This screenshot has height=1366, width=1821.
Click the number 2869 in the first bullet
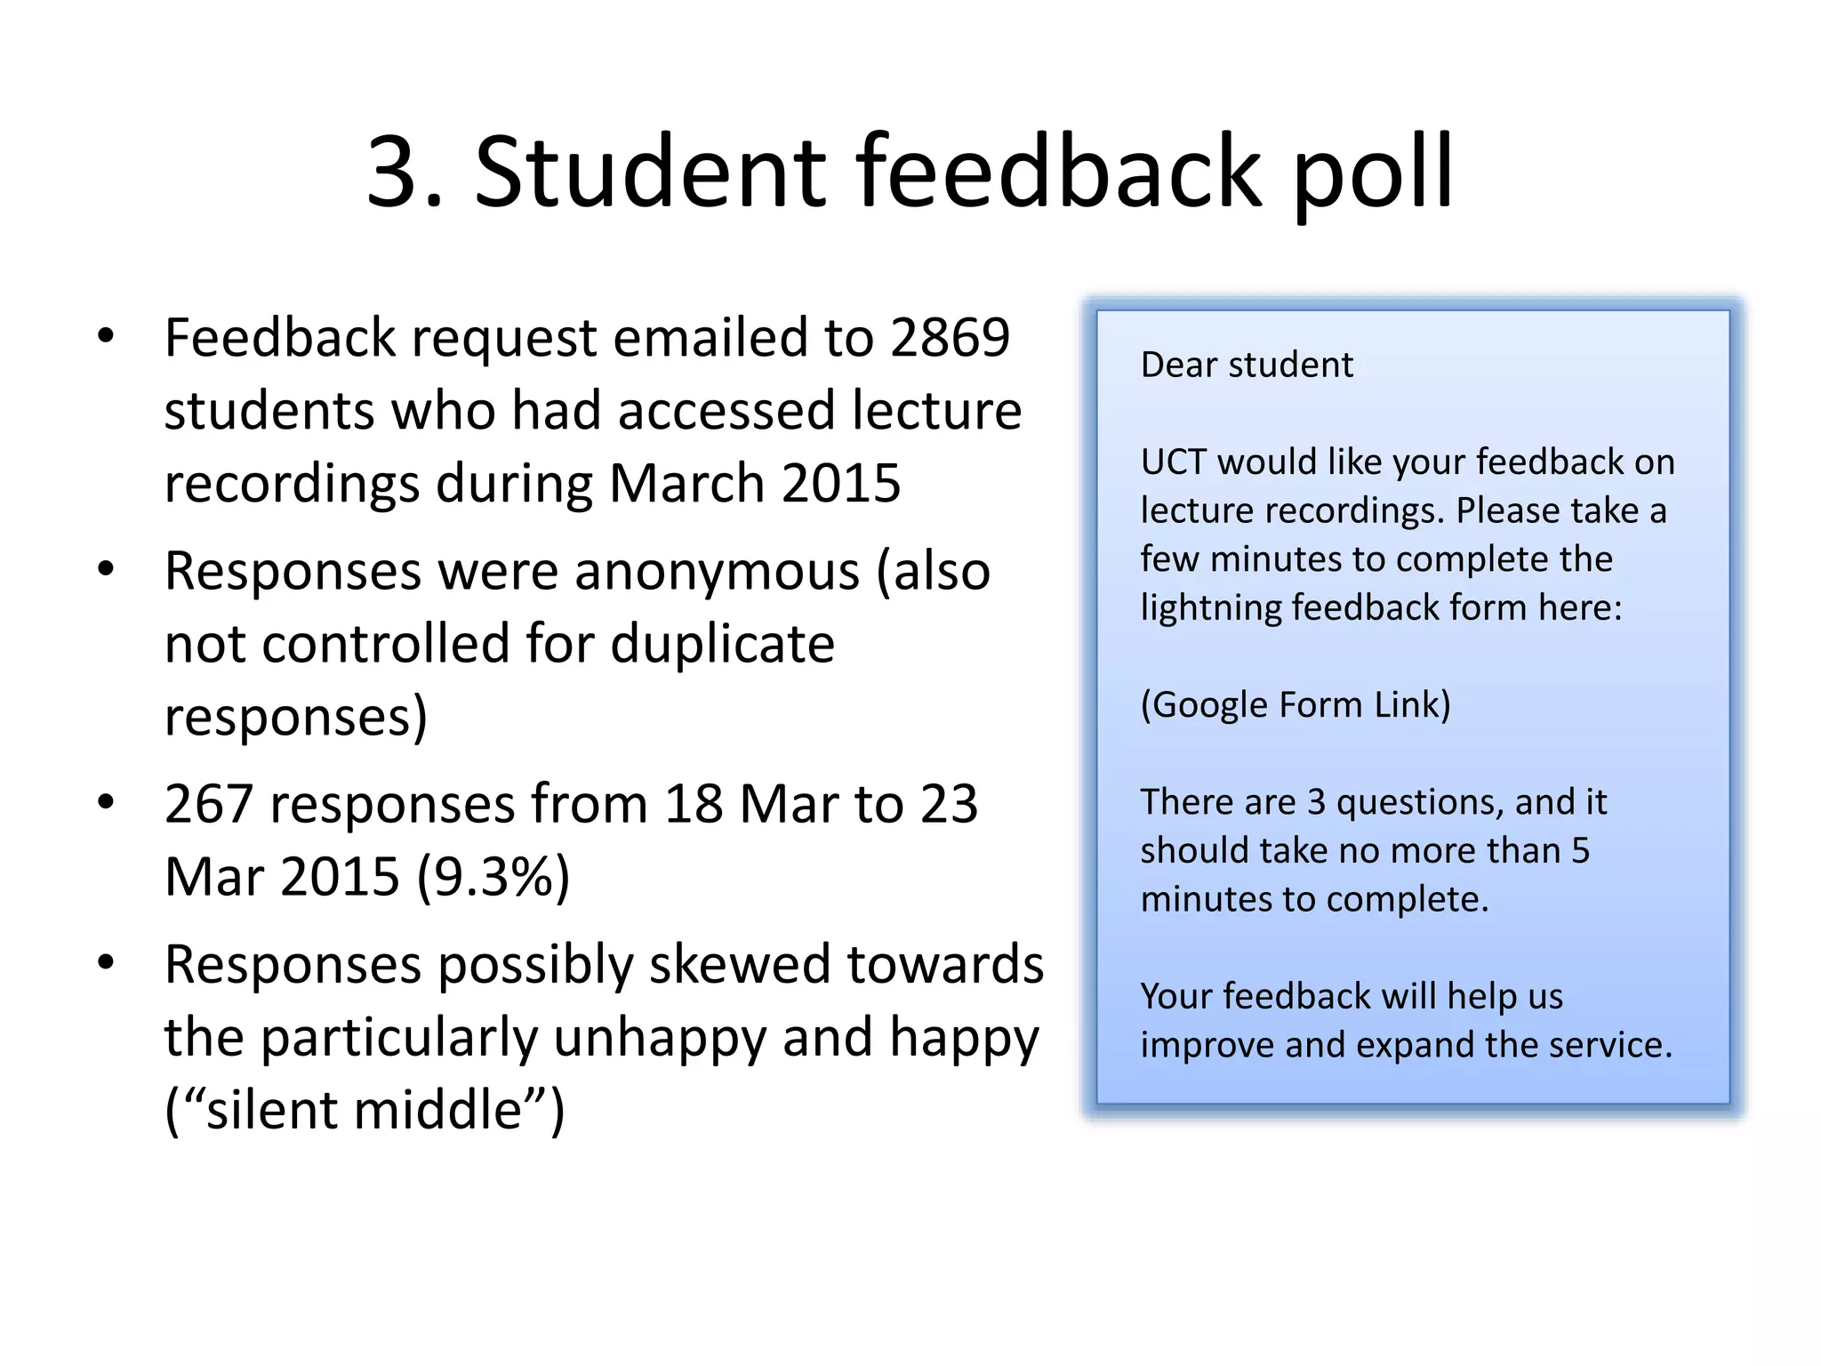coord(950,338)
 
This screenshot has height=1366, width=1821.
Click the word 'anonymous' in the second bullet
coord(717,571)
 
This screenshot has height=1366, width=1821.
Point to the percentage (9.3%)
coord(493,877)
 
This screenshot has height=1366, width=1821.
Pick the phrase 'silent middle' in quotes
coord(364,1110)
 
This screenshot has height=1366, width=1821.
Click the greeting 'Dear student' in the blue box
coord(1246,365)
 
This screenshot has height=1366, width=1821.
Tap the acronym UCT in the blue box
coord(1173,462)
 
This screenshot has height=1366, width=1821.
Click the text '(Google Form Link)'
coord(1295,705)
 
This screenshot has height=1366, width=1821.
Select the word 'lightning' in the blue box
coord(1210,608)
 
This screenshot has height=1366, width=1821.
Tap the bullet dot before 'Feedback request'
coord(106,337)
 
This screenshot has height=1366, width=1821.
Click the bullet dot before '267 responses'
coord(106,802)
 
